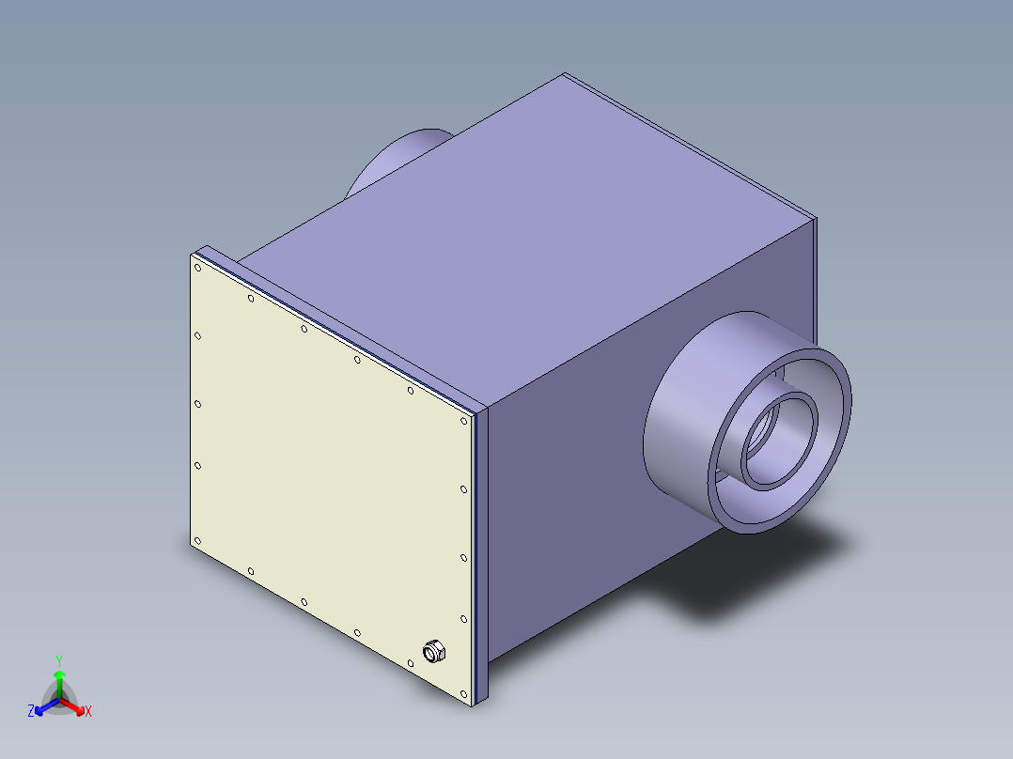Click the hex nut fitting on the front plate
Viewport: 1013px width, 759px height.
tap(434, 650)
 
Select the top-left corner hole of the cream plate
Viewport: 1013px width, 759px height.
tap(197, 268)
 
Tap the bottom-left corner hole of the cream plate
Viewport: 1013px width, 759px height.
tap(197, 540)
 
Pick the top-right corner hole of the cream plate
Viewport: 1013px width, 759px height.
tap(463, 420)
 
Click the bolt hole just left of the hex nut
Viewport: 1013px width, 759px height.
tap(411, 663)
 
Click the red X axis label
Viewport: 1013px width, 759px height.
tap(88, 712)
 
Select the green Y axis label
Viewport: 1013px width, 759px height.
tap(58, 660)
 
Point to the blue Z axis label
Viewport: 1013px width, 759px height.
tap(31, 711)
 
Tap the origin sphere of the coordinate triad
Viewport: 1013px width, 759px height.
tap(59, 699)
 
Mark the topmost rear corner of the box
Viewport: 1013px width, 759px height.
tap(565, 74)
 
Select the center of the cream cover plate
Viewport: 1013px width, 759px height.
tap(329, 479)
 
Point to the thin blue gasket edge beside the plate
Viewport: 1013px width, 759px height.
tap(477, 554)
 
